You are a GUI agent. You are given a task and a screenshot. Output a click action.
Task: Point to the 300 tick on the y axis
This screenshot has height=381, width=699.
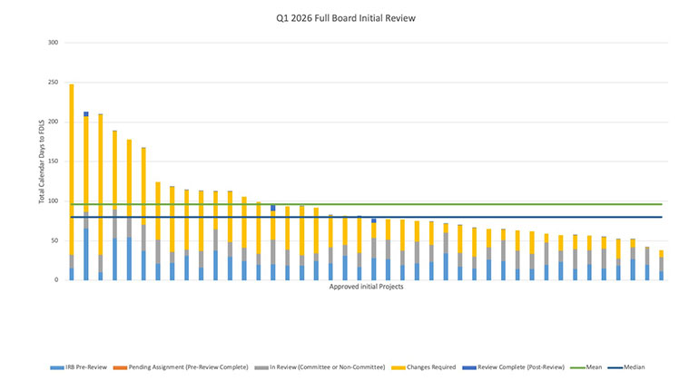pyautogui.click(x=53, y=43)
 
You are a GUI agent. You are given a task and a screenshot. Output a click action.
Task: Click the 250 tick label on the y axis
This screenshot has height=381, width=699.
pyautogui.click(x=53, y=83)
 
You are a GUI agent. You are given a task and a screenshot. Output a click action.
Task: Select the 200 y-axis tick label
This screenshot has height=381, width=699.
pyautogui.click(x=53, y=122)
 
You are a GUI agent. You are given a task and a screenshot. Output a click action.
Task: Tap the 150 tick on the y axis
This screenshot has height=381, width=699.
pyautogui.click(x=53, y=161)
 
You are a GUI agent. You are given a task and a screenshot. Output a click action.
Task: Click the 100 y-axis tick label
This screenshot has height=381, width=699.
pyautogui.click(x=53, y=200)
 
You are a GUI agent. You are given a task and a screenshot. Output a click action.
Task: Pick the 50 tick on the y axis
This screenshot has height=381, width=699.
pyautogui.click(x=54, y=240)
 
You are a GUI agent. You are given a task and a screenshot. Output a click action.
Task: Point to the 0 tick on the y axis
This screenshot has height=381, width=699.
pyautogui.click(x=56, y=279)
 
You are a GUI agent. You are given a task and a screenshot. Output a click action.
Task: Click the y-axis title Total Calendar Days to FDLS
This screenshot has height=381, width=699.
pyautogui.click(x=42, y=161)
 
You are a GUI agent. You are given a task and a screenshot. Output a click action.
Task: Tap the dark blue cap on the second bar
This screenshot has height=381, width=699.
pyautogui.click(x=86, y=114)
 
